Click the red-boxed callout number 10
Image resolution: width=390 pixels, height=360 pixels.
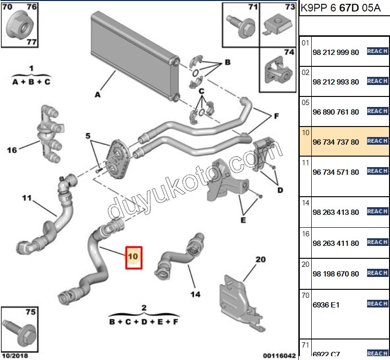[x=133, y=257]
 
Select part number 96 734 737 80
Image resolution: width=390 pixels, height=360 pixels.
[x=335, y=142]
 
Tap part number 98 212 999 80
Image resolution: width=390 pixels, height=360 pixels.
[x=335, y=52]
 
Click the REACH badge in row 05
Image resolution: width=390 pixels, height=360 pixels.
[x=377, y=111]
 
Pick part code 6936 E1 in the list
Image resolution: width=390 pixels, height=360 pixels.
[x=326, y=305]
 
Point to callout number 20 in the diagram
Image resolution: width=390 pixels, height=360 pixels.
[x=260, y=260]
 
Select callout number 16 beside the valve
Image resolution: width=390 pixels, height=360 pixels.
[x=12, y=150]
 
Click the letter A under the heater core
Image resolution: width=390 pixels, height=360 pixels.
[x=97, y=95]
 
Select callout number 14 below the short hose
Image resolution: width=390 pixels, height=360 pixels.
[x=195, y=294]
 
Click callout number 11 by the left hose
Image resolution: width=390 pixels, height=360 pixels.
[x=26, y=197]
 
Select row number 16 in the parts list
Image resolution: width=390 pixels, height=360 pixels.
[x=306, y=234]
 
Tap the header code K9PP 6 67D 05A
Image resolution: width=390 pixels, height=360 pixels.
[x=340, y=9]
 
